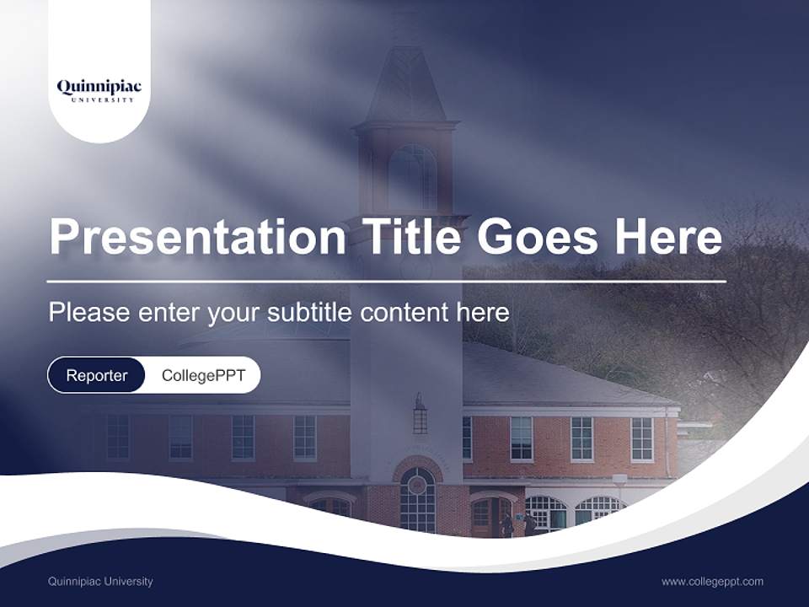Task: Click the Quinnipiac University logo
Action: coord(99,89)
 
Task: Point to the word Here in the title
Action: coord(668,237)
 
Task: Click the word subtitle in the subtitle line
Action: coord(309,313)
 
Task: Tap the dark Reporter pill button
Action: coord(96,375)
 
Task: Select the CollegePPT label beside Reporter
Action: coord(203,375)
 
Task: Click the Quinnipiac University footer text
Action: coord(100,581)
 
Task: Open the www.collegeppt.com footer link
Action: coord(712,581)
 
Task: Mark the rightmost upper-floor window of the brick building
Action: coord(642,438)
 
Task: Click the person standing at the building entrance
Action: coord(507,524)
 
